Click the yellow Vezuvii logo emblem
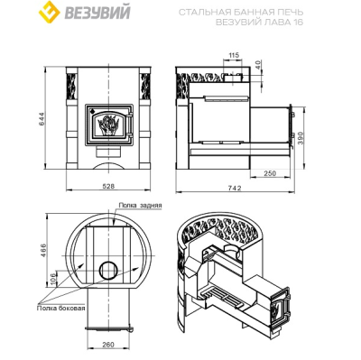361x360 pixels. coord(50,12)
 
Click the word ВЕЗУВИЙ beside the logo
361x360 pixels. coord(97,13)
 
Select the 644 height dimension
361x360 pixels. coord(42,119)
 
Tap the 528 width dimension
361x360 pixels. coord(108,186)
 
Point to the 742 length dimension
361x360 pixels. coord(235,188)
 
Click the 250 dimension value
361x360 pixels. coord(270,173)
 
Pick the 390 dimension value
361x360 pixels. coord(302,138)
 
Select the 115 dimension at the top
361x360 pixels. coord(234,55)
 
